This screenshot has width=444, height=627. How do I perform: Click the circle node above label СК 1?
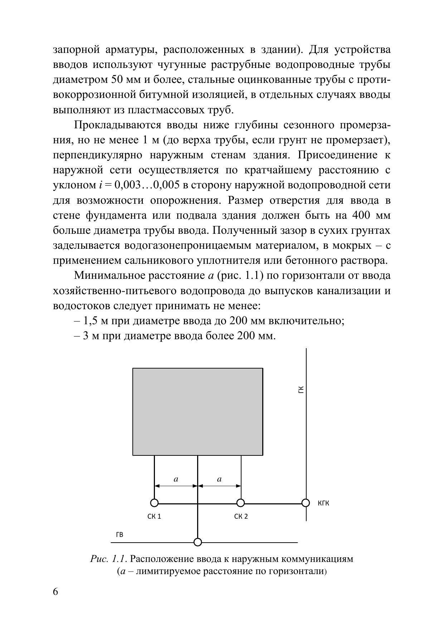(154, 503)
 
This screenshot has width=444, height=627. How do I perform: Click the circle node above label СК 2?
(241, 503)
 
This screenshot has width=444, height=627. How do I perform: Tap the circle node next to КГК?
(306, 503)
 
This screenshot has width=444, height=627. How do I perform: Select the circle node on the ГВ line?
(197, 542)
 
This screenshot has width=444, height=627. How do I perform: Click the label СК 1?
(154, 517)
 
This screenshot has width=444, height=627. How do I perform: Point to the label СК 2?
(241, 517)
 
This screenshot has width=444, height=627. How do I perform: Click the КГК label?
(323, 503)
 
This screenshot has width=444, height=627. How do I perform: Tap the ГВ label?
(120, 535)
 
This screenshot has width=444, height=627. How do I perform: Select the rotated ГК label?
(301, 389)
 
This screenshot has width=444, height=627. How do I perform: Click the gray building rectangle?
(197, 411)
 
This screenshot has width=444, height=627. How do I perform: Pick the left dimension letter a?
(176, 479)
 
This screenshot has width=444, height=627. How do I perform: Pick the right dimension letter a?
(219, 479)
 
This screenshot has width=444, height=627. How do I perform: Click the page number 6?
(55, 592)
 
